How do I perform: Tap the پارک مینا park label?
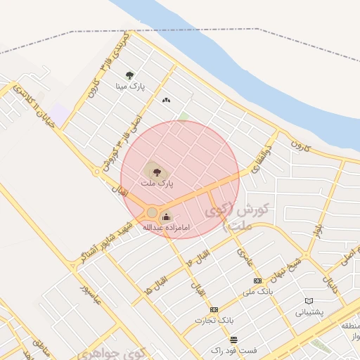pyautogui.click(x=131, y=86)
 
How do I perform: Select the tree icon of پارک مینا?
pyautogui.click(x=129, y=75)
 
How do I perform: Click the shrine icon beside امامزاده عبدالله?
pyautogui.click(x=166, y=216)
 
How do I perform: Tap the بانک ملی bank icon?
pyautogui.click(x=255, y=280)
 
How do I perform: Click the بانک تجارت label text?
pyautogui.click(x=214, y=321)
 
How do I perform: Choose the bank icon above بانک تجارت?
pyautogui.click(x=214, y=309)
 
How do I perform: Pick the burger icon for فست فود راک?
pyautogui.click(x=233, y=340)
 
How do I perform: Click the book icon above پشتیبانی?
pyautogui.click(x=308, y=301)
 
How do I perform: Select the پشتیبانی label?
pyautogui.click(x=309, y=312)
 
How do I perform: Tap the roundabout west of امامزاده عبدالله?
pyautogui.click(x=152, y=212)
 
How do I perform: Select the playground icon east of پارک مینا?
pyautogui.click(x=166, y=101)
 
